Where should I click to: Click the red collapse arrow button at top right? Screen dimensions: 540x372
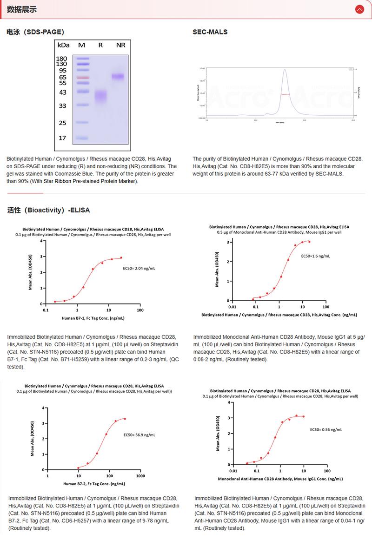point(359,9)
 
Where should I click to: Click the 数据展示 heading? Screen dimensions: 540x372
point(22,9)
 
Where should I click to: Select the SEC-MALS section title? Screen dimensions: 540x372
point(210,32)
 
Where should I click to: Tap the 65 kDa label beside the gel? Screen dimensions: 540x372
point(63,77)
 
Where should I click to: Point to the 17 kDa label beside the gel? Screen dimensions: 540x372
point(63,138)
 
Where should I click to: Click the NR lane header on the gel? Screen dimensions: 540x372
point(120,45)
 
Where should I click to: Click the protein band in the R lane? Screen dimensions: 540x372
point(100,96)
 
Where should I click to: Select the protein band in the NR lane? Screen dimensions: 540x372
point(118,76)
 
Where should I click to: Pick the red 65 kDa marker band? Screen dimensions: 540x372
point(82,77)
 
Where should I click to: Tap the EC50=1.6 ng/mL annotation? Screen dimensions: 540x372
point(316,256)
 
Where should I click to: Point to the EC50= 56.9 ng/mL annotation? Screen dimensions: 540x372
point(139,435)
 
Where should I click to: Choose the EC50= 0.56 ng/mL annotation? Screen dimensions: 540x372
point(326,430)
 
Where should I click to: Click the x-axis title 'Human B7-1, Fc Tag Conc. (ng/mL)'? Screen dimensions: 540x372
point(93,318)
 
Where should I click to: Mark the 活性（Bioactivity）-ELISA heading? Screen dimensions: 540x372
point(48,210)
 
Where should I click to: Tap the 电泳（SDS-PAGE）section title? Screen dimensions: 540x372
point(35,32)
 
